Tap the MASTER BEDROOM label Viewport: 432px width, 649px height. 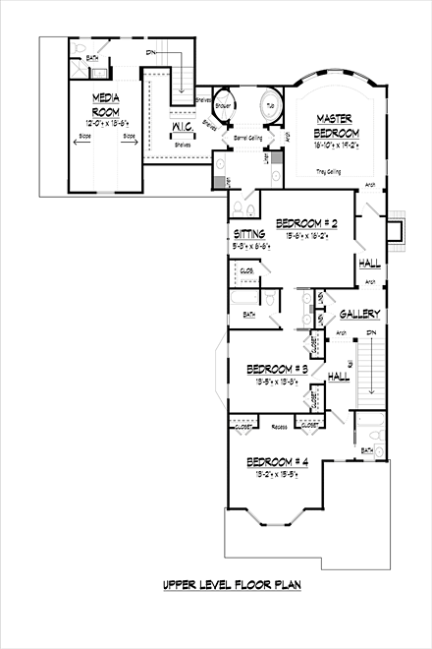tap(334, 127)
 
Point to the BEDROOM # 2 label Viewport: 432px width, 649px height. tap(307, 222)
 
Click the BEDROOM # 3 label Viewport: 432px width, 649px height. tap(278, 369)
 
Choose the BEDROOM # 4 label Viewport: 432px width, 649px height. tap(278, 462)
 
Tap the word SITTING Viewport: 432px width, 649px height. tap(249, 234)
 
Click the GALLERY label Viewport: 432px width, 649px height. tap(360, 314)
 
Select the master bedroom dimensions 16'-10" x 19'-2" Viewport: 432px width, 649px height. tap(334, 145)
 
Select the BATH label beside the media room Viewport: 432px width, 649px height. tap(92, 58)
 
